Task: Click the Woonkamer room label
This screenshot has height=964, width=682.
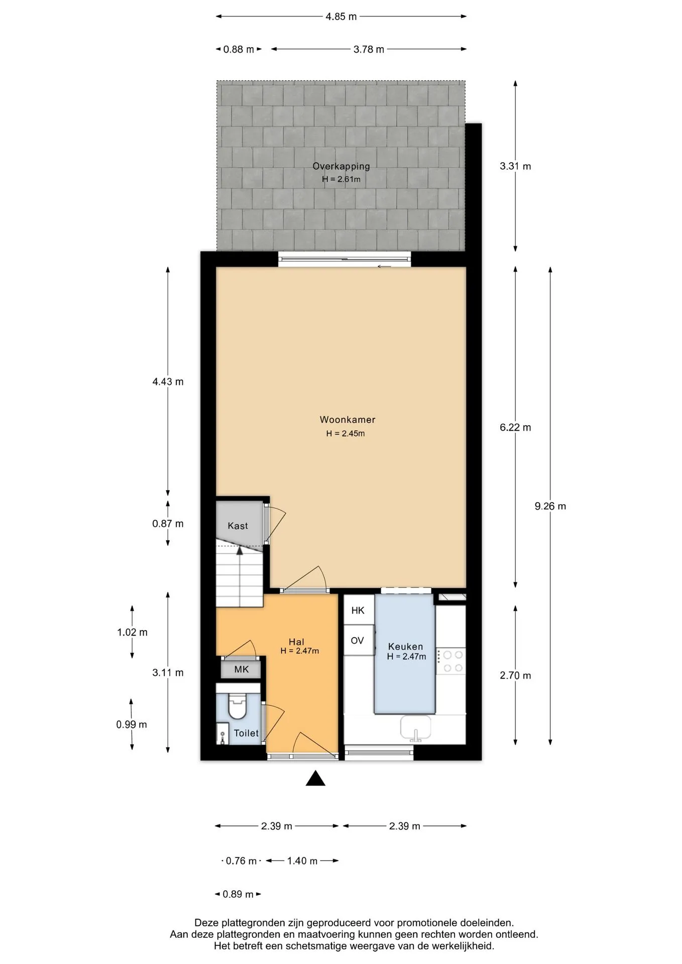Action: (348, 420)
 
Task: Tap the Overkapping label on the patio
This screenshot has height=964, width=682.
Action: (341, 166)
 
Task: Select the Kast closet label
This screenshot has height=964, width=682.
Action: (238, 526)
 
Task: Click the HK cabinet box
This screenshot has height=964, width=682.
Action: (359, 610)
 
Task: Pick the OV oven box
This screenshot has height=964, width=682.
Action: (359, 640)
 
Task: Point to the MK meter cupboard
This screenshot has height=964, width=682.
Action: (241, 669)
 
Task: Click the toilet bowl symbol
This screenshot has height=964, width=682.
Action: (237, 705)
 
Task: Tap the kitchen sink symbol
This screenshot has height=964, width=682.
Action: (415, 728)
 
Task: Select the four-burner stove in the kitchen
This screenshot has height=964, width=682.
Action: (451, 661)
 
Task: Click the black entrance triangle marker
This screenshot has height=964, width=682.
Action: (315, 778)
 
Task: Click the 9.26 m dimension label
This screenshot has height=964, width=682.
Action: (550, 506)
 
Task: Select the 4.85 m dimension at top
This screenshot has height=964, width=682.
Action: (341, 17)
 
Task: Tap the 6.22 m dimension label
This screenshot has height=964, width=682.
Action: (515, 427)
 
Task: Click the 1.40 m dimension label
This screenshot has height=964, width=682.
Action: (302, 861)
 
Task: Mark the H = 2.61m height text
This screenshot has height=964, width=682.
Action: (341, 179)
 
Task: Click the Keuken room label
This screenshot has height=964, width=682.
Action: (405, 647)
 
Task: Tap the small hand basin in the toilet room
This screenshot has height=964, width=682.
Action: (222, 734)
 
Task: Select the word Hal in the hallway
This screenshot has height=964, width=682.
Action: (296, 642)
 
